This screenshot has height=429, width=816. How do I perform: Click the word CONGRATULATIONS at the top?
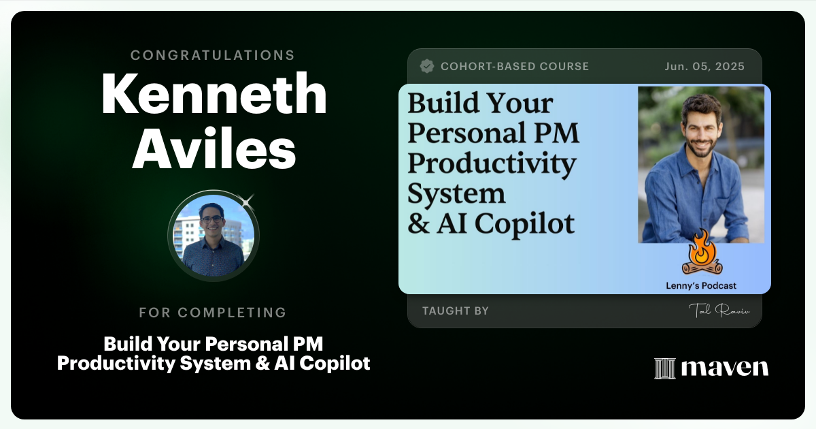[x=213, y=55]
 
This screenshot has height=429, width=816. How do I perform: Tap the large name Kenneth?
[x=214, y=95]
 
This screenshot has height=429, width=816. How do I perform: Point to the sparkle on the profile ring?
[x=246, y=201]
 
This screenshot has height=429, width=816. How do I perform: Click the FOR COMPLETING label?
[x=213, y=313]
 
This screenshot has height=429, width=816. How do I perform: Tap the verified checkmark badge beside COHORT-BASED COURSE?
[x=427, y=66]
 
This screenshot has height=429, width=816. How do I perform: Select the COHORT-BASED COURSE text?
[x=515, y=67]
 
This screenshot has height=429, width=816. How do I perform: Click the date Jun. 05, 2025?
[x=704, y=67]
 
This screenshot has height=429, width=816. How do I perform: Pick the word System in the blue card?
[x=456, y=193]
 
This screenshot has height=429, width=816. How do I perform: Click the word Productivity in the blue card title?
[x=491, y=163]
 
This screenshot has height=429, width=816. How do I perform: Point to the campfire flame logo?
[x=700, y=252]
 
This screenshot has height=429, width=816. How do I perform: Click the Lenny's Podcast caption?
[x=700, y=286]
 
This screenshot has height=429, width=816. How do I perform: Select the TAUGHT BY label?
[x=456, y=311]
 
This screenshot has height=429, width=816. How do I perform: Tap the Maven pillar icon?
[x=664, y=368]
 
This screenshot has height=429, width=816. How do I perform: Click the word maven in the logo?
[x=725, y=368]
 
